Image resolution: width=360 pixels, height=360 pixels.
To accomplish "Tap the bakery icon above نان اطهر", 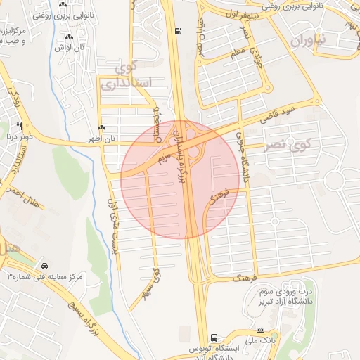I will tap(103, 128).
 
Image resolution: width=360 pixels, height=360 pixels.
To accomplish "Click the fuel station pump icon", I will tap(176, 31).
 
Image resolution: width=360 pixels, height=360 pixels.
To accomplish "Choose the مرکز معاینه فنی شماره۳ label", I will tap(45, 277).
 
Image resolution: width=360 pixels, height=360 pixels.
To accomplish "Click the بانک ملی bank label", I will tap(261, 341).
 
